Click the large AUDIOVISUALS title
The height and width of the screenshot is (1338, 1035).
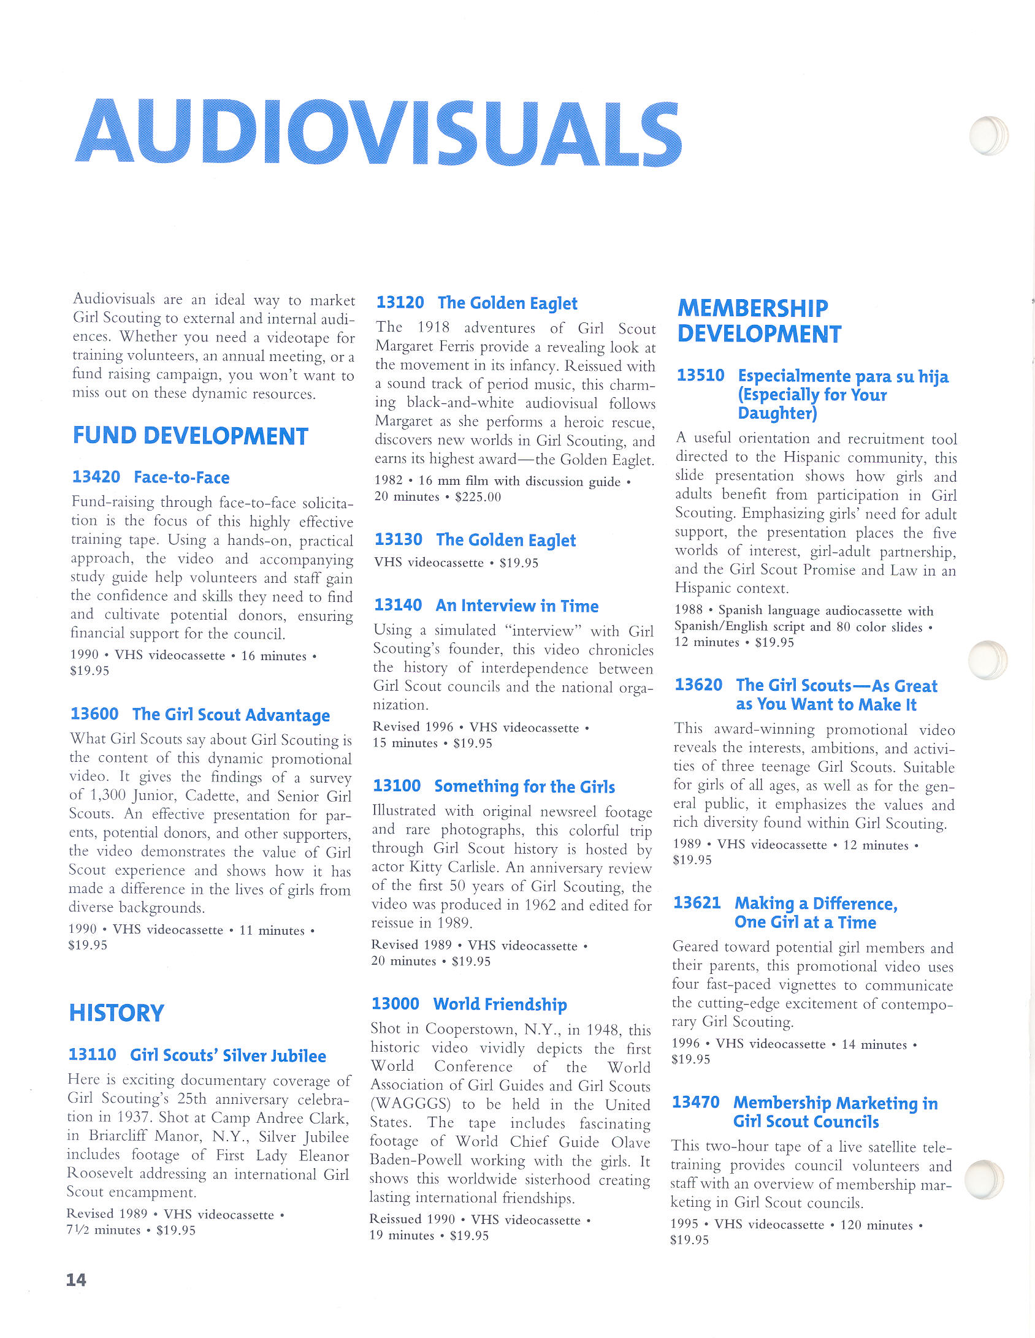[x=378, y=133]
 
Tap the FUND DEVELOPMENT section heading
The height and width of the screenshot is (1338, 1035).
[x=190, y=436]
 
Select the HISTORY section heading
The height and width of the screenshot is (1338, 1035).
[x=116, y=1013]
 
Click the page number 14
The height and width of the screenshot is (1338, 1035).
[x=76, y=1280]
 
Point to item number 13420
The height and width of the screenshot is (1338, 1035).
[x=96, y=477]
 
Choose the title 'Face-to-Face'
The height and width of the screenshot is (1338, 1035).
[x=181, y=477]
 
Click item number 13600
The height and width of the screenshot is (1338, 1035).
[x=94, y=714]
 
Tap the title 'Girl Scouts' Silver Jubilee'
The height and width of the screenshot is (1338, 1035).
[x=227, y=1055]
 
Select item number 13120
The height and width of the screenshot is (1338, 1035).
[x=400, y=302]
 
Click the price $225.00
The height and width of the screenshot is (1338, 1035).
[x=478, y=497]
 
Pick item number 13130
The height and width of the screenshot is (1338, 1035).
[x=398, y=539]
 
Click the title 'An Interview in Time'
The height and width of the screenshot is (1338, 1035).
[x=517, y=606]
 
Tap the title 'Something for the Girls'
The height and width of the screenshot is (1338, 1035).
[x=524, y=786]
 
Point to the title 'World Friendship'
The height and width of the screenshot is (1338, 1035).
[x=500, y=1004]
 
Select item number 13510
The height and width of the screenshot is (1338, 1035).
[x=700, y=375]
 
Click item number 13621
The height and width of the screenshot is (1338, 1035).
[x=697, y=903]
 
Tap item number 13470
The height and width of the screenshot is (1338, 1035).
[x=695, y=1102]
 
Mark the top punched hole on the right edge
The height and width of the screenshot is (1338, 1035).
[x=988, y=135]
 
